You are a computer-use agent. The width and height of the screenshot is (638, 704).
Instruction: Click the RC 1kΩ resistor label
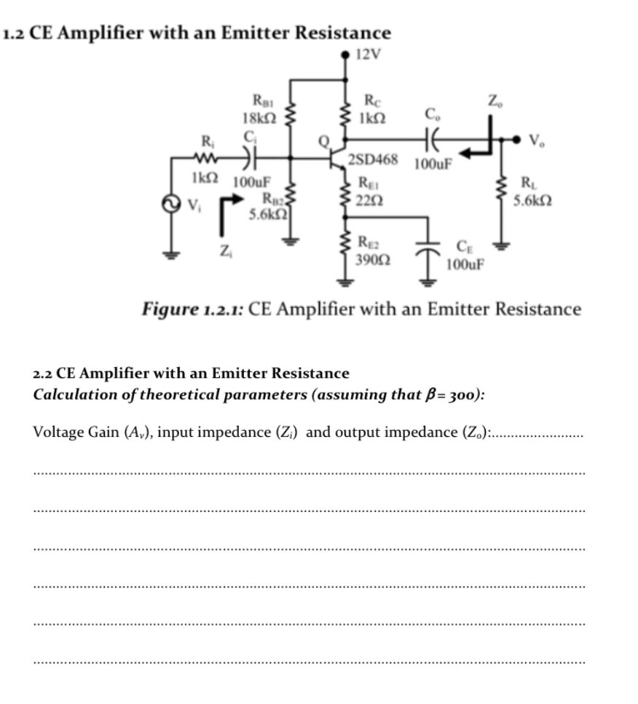coord(374,108)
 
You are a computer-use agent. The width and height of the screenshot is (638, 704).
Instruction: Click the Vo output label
coord(537,139)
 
